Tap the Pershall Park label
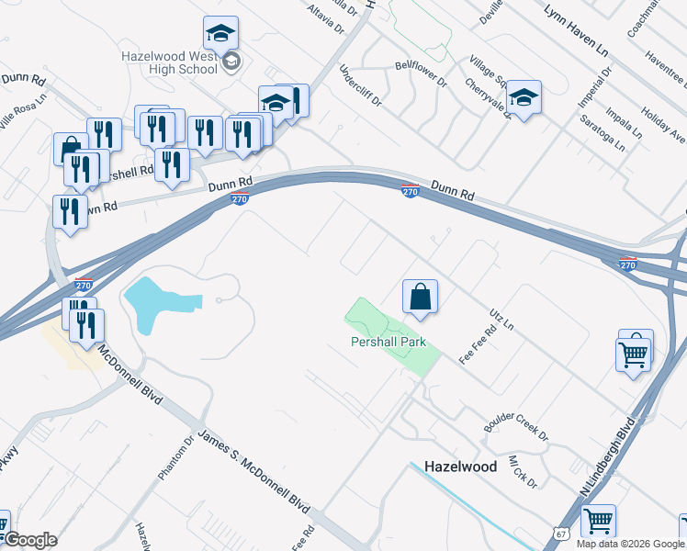[x=389, y=342]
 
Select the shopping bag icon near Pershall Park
[x=420, y=298]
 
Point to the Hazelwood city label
[x=460, y=467]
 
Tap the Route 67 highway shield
[x=561, y=534]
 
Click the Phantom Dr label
[x=175, y=457]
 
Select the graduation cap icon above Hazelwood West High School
[x=220, y=33]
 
